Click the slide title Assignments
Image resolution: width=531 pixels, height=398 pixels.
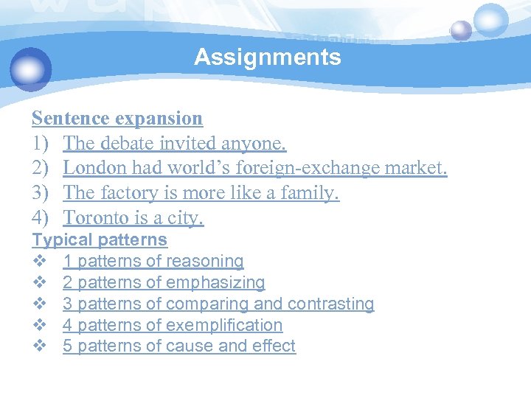coord(268,57)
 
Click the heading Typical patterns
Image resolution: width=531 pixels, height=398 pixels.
coord(100,240)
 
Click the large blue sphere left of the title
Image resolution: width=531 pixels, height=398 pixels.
coord(31,69)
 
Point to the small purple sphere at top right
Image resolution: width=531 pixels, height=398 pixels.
coord(461,30)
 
